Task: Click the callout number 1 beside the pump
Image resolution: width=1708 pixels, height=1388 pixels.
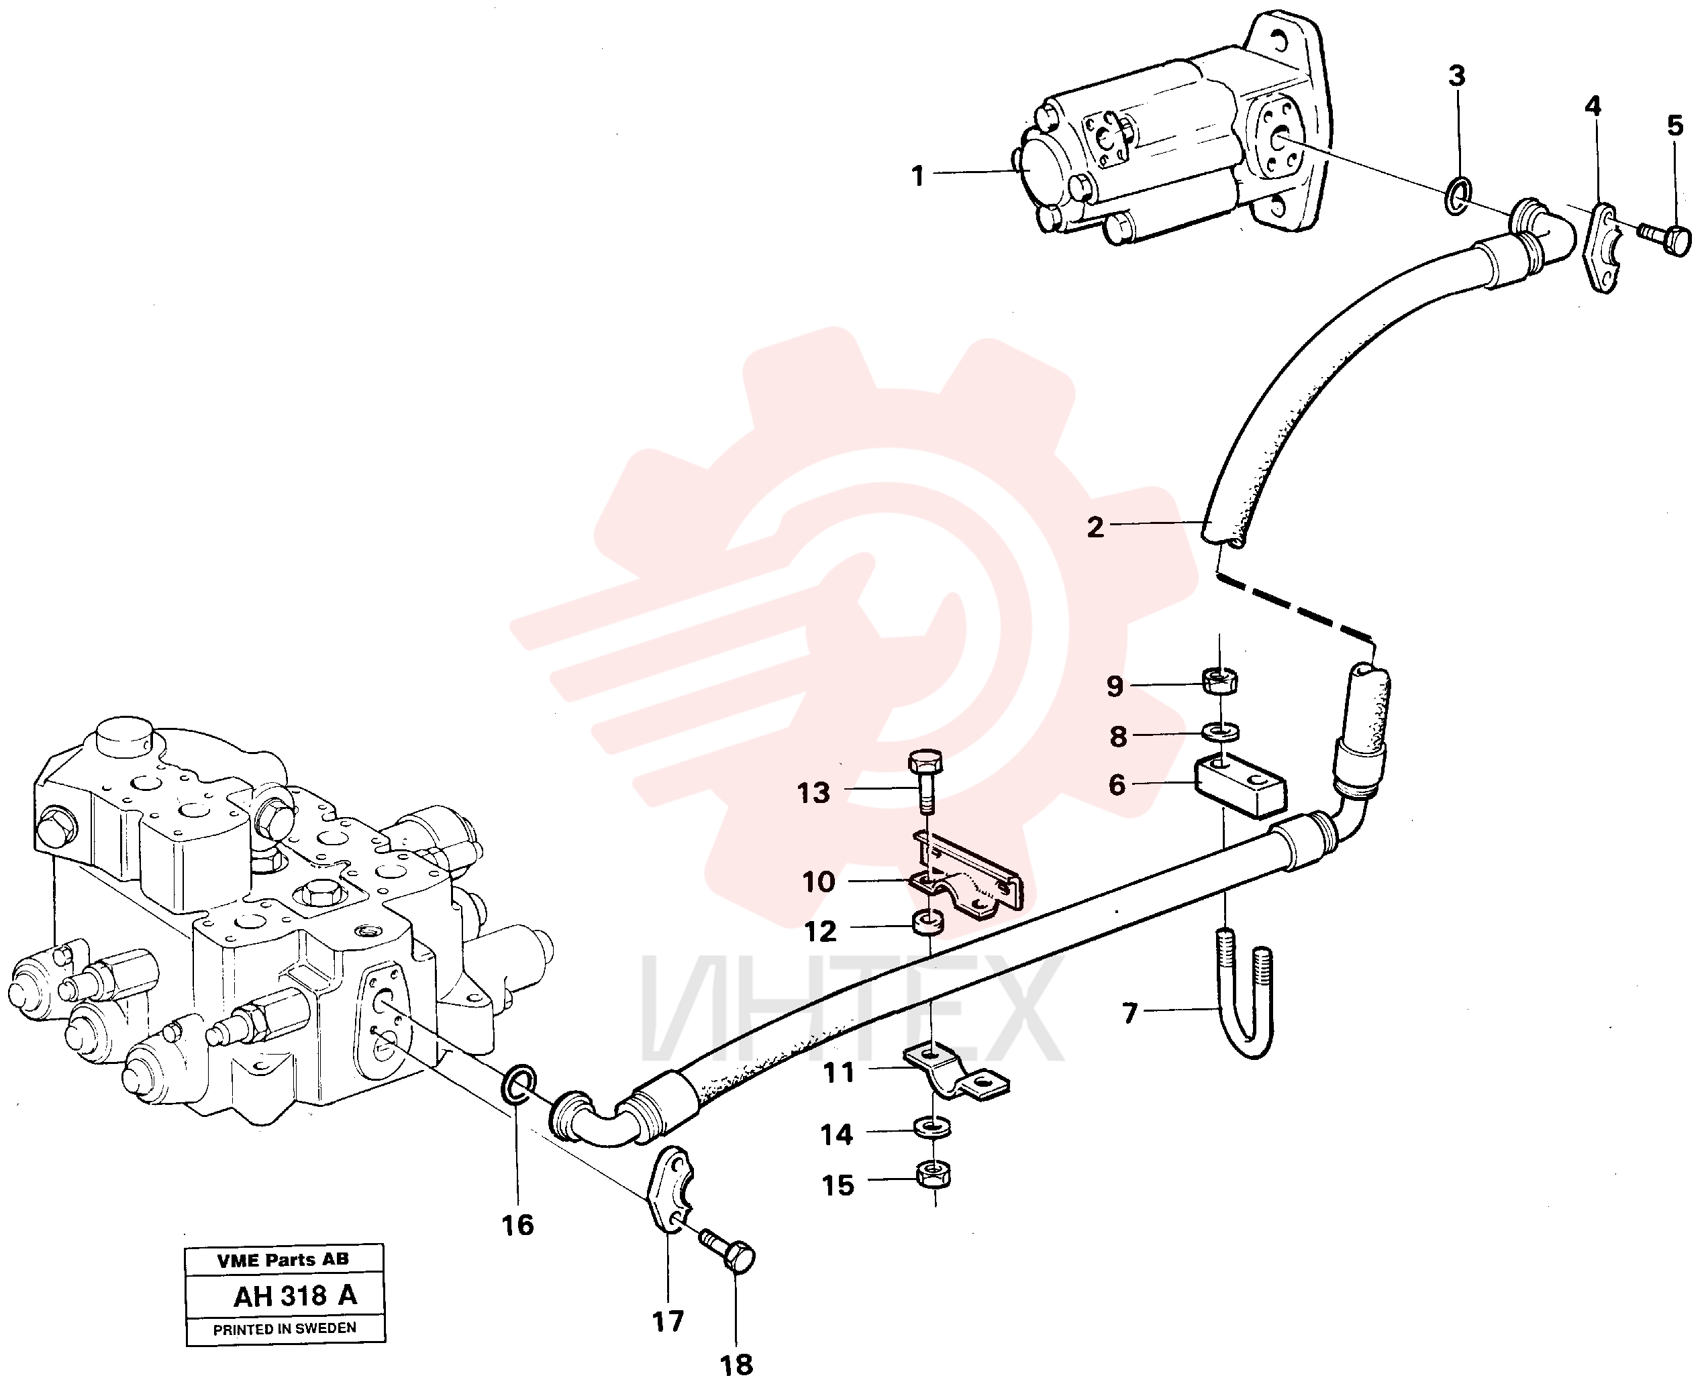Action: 918,176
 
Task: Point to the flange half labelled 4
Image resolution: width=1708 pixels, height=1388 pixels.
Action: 1600,250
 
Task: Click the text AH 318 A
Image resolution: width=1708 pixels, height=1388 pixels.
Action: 295,1296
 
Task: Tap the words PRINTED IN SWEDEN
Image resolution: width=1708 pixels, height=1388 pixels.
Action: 285,1329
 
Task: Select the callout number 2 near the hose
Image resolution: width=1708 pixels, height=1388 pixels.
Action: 1095,527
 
